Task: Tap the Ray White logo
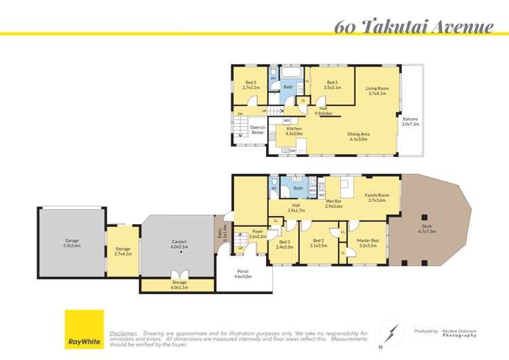(x=84, y=329)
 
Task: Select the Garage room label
(x=72, y=243)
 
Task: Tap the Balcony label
(x=411, y=122)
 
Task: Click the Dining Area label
(x=358, y=137)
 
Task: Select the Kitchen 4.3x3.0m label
(x=294, y=131)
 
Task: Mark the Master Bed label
(x=369, y=243)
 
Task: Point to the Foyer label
(x=258, y=234)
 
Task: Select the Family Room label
(x=377, y=198)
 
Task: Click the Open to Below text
(x=257, y=130)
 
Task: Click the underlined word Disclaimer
(x=124, y=334)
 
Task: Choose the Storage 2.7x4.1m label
(x=124, y=251)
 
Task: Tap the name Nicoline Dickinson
(x=459, y=331)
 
